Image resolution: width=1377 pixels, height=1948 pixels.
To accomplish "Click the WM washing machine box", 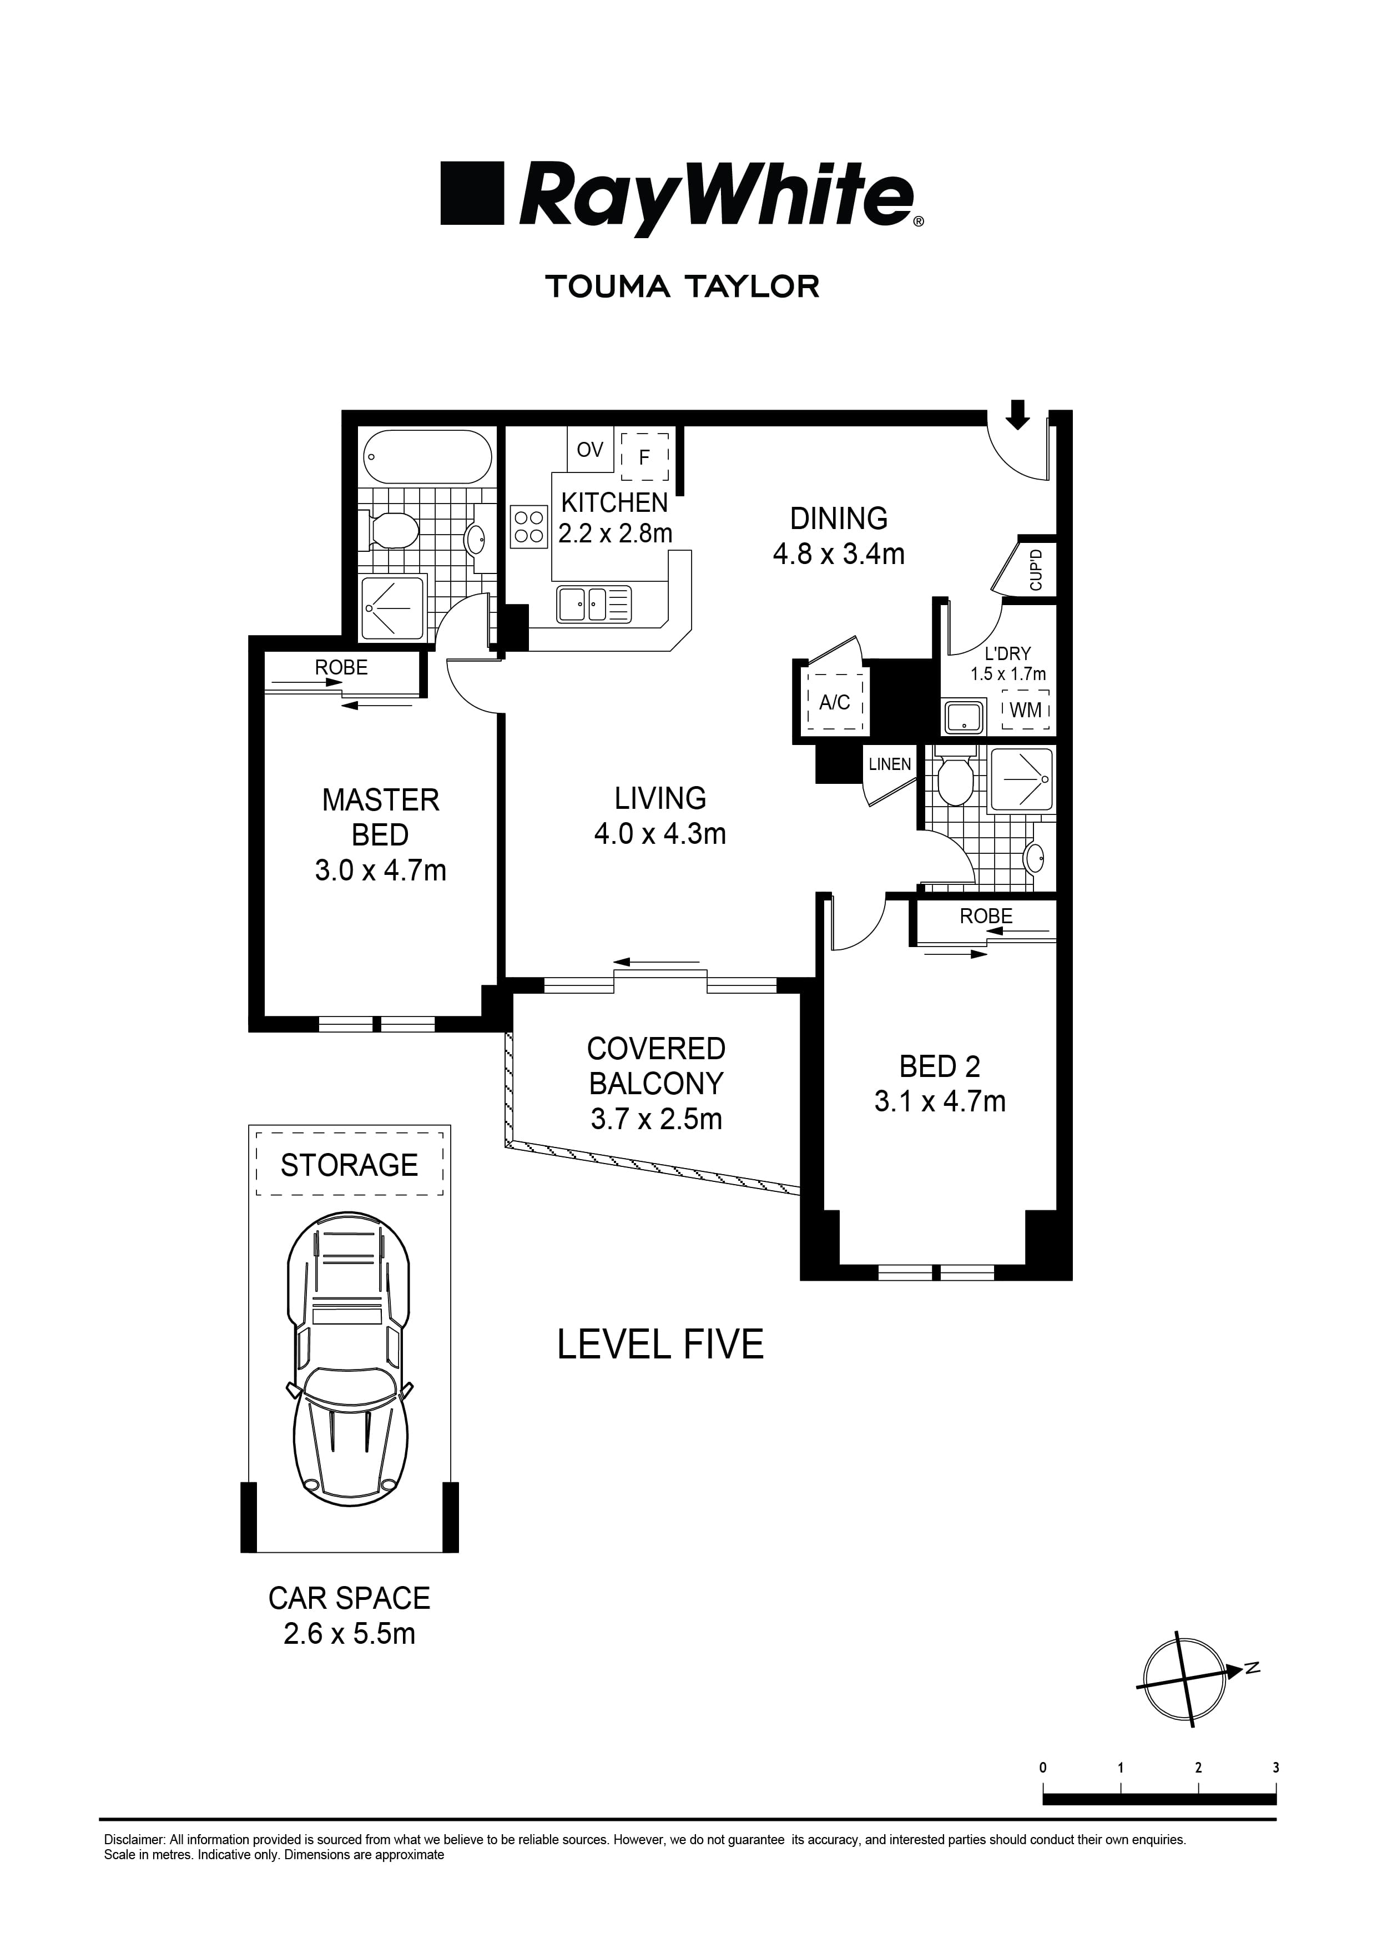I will (1026, 709).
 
